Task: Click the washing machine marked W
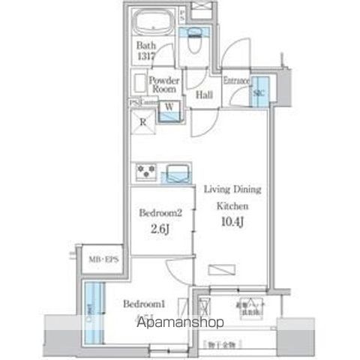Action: point(169,107)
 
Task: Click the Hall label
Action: point(203,94)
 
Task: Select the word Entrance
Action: point(236,80)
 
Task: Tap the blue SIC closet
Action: point(259,93)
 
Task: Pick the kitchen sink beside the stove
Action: point(178,173)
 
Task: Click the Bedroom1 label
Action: point(144,304)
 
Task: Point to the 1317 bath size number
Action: point(146,54)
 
